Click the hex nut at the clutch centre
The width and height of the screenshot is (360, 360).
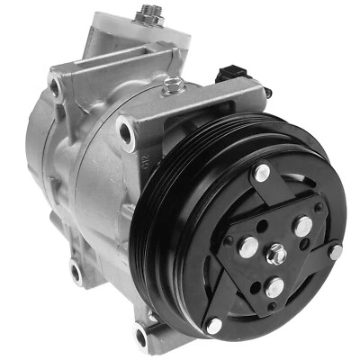pyautogui.click(x=277, y=255)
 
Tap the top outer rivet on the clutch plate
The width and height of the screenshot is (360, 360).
pyautogui.click(x=262, y=173)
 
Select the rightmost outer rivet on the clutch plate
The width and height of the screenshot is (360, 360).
pyautogui.click(x=336, y=252)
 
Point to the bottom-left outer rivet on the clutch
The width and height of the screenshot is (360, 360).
pyautogui.click(x=214, y=325)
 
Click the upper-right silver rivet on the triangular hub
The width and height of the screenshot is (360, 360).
pyautogui.click(x=303, y=226)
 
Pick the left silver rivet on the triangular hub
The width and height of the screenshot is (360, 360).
pyautogui.click(x=246, y=243)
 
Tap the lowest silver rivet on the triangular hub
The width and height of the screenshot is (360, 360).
pyautogui.click(x=274, y=288)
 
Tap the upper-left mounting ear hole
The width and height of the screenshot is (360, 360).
pyautogui.click(x=56, y=86)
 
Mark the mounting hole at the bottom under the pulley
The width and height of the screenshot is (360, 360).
pyautogui.click(x=141, y=336)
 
